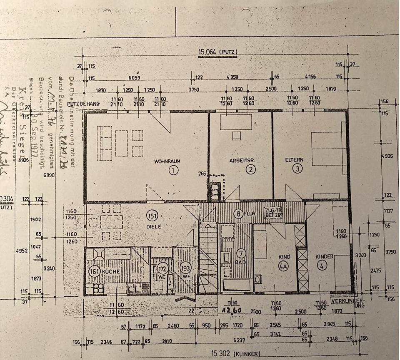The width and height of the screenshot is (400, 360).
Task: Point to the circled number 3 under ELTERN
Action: (297, 169)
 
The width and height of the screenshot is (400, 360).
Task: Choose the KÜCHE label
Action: (110, 271)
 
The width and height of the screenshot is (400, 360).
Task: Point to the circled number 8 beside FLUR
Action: (238, 214)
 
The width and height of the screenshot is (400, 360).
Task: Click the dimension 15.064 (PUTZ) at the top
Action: (218, 52)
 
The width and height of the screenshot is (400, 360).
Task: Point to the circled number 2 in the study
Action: (250, 169)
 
